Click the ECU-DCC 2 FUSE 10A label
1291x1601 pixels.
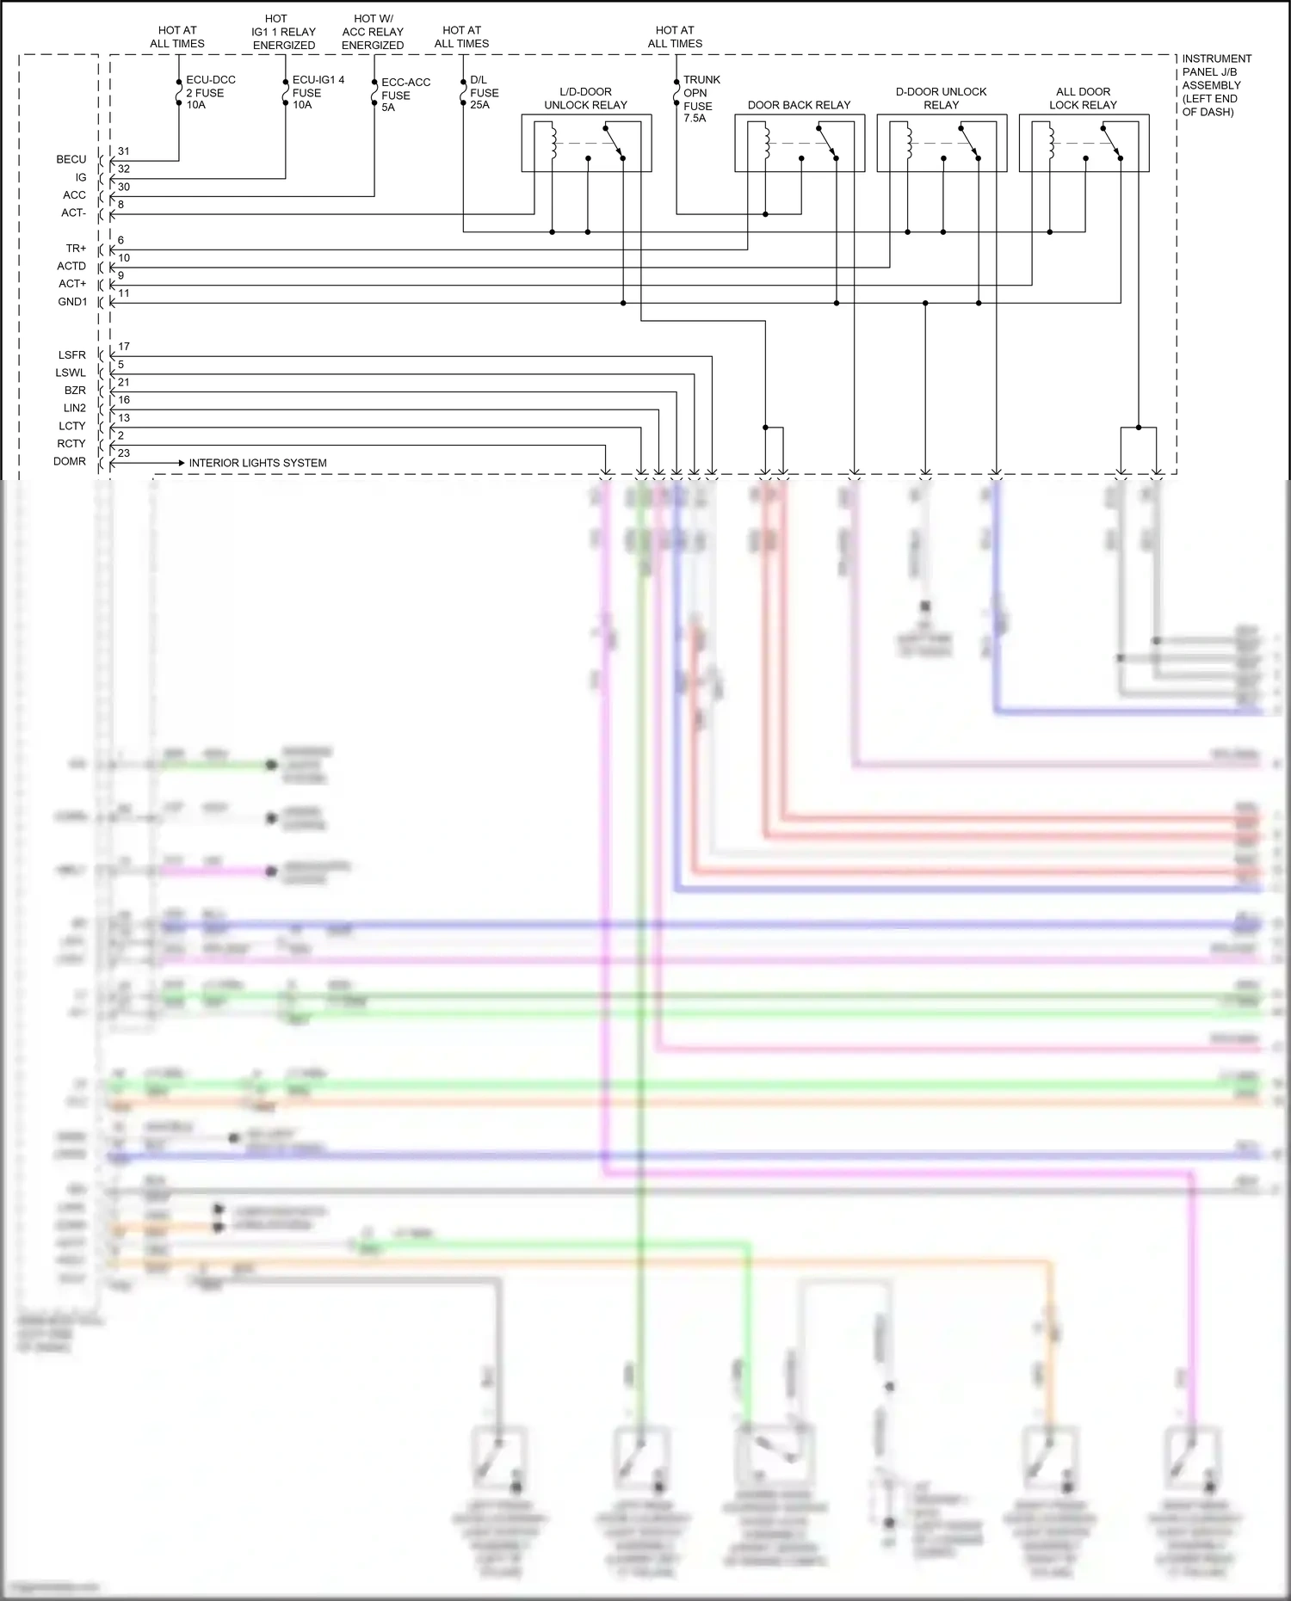[x=210, y=92]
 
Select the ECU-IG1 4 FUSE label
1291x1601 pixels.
[x=318, y=92]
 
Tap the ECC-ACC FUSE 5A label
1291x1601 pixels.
[x=405, y=95]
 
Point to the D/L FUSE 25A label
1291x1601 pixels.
[x=484, y=92]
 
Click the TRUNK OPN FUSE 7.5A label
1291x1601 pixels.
[x=701, y=99]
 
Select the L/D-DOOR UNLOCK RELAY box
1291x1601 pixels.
[x=586, y=143]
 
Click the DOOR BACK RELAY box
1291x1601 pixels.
[x=799, y=143]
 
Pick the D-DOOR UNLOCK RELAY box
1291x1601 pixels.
[x=941, y=143]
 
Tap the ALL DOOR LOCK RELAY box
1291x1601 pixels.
[x=1083, y=143]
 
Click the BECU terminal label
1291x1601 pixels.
[x=71, y=159]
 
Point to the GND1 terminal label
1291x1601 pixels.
[x=72, y=302]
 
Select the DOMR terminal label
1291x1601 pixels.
[x=70, y=461]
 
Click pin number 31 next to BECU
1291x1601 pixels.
[x=124, y=151]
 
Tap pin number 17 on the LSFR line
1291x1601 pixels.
[x=124, y=347]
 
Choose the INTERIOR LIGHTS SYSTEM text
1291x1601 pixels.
[x=257, y=463]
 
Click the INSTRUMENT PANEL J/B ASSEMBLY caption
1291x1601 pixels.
[x=1216, y=85]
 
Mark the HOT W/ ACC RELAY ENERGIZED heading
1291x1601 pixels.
[x=373, y=32]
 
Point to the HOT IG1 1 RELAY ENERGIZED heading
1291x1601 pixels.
[x=283, y=32]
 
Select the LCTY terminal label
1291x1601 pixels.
[x=72, y=426]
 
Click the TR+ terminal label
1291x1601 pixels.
[x=76, y=249]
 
